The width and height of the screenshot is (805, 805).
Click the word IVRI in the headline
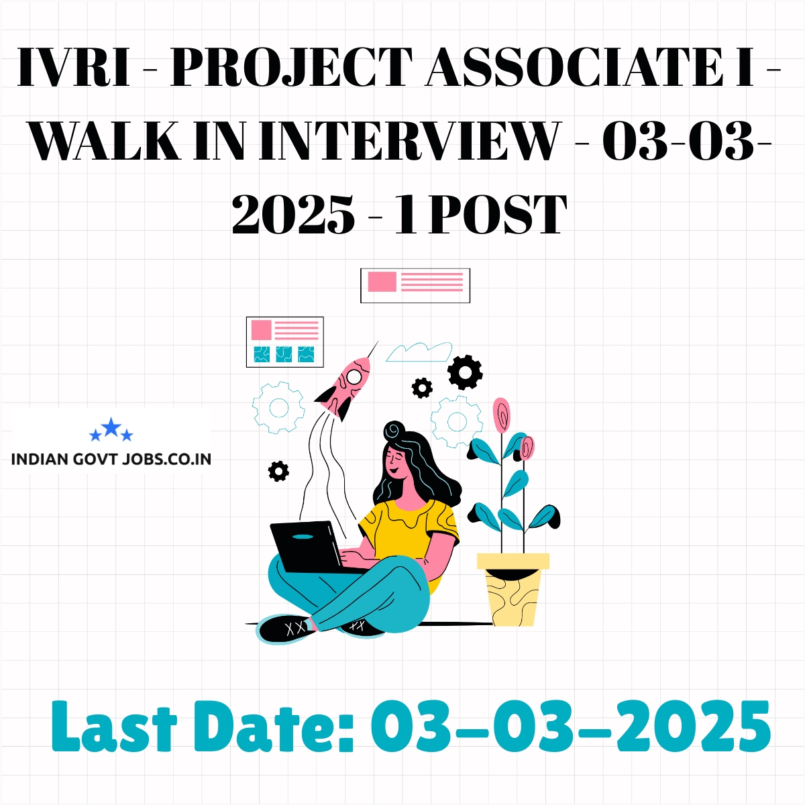click(x=74, y=67)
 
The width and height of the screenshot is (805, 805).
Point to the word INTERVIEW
click(x=408, y=140)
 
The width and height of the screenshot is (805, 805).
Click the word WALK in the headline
click(x=105, y=140)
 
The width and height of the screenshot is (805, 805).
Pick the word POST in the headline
click(x=497, y=214)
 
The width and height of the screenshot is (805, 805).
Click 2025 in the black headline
click(x=293, y=215)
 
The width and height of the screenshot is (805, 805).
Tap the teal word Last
click(x=114, y=727)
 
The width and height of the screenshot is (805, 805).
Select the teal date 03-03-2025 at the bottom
click(x=571, y=727)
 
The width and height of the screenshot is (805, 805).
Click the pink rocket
click(x=345, y=386)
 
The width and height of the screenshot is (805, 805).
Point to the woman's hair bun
click(x=394, y=430)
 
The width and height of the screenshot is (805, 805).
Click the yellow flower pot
click(x=513, y=590)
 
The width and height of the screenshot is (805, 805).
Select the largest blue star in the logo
click(x=111, y=427)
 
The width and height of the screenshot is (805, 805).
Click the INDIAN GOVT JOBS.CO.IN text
click(x=111, y=460)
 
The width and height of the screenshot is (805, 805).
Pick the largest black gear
click(x=465, y=372)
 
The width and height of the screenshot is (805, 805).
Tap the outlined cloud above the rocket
click(x=419, y=352)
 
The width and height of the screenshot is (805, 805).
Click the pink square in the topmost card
click(x=382, y=282)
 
